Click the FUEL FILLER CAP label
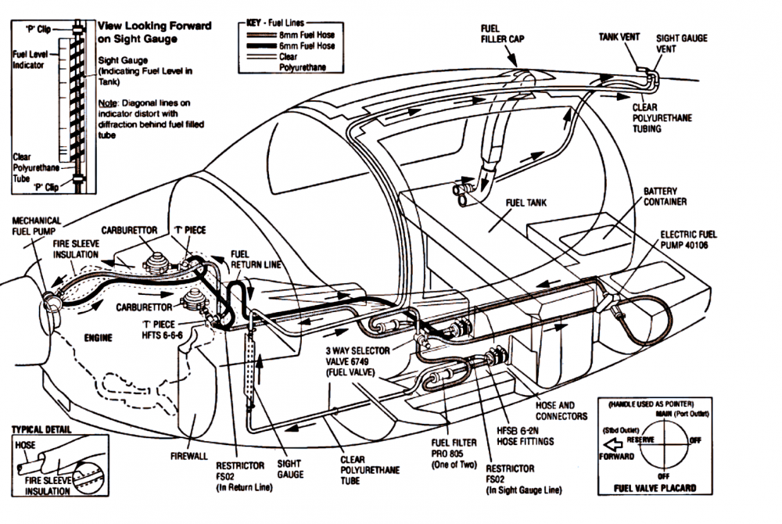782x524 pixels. click(x=502, y=34)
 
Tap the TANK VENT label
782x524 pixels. click(x=619, y=37)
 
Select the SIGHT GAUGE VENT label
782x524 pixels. click(x=681, y=43)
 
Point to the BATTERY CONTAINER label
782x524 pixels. click(x=665, y=196)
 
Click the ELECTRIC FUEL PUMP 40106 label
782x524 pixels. click(x=688, y=239)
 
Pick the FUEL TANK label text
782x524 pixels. click(x=526, y=203)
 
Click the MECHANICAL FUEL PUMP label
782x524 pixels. click(x=37, y=225)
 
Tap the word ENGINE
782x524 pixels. click(x=99, y=338)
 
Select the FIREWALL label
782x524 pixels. click(x=189, y=456)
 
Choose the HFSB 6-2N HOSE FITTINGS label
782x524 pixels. click(x=526, y=436)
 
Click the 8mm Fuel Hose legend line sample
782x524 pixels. click(x=261, y=35)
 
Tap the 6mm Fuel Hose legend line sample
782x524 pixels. click(x=261, y=46)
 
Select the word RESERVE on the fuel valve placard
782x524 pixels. click(x=640, y=440)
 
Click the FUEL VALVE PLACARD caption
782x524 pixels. click(x=655, y=487)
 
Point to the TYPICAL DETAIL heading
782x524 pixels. click(x=41, y=429)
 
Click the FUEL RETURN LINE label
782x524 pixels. click(x=256, y=259)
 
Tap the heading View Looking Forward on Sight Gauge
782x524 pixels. click(x=155, y=32)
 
